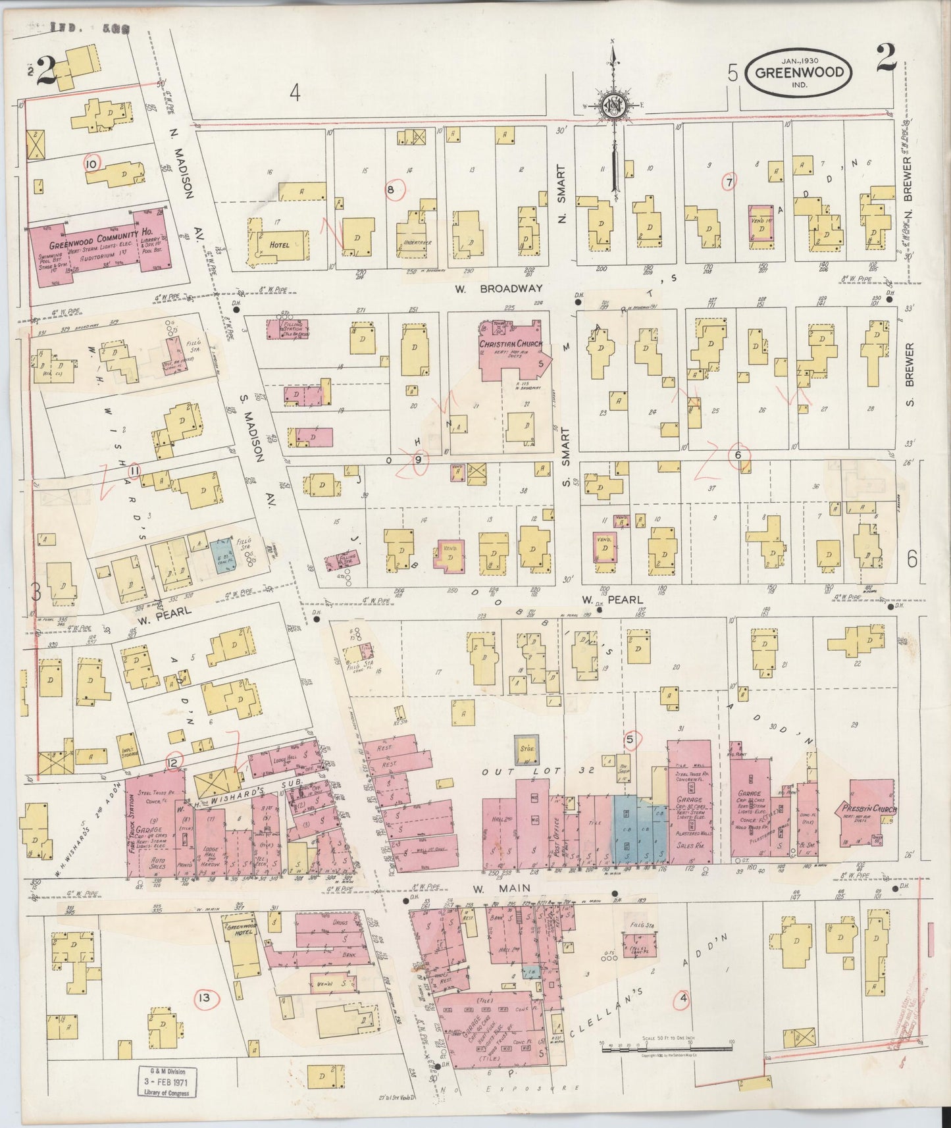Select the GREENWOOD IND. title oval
click(798, 73)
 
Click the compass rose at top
click(613, 105)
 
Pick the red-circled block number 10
click(91, 163)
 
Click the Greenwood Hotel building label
click(241, 931)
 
